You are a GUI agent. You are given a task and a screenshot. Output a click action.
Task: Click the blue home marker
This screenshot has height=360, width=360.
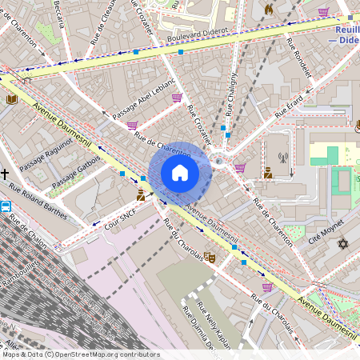[180, 173]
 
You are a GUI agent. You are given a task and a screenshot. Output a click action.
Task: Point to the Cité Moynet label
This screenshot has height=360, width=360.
[325, 230]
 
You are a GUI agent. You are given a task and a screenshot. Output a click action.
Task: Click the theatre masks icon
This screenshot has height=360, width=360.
[210, 257]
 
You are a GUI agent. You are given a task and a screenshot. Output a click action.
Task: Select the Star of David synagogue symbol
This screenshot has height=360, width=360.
[344, 243]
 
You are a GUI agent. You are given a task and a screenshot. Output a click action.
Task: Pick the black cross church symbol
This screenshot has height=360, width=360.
[5, 174]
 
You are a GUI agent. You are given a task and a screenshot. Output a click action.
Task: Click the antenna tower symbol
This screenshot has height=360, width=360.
[282, 158]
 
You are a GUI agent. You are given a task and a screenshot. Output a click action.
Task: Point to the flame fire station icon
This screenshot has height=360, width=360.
[269, 10]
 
